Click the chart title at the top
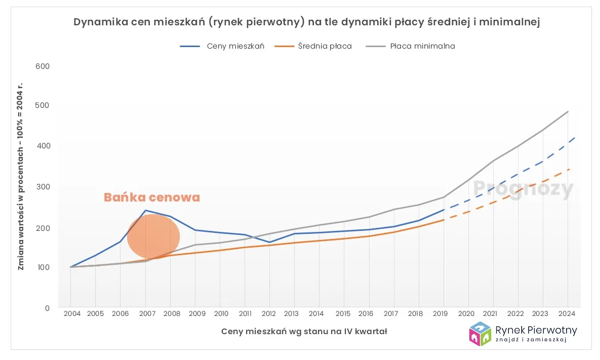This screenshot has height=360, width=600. (299, 22)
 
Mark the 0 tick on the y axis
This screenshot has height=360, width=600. (47, 308)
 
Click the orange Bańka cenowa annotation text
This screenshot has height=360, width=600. (152, 197)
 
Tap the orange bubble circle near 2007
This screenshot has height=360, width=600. (153, 236)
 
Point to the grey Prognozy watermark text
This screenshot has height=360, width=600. (523, 189)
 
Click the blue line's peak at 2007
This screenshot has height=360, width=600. (146, 210)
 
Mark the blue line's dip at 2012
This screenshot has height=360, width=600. (270, 242)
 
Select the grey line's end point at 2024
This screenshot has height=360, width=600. (568, 111)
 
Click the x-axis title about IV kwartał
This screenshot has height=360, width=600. (304, 332)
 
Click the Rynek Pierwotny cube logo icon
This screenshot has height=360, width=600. (480, 334)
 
